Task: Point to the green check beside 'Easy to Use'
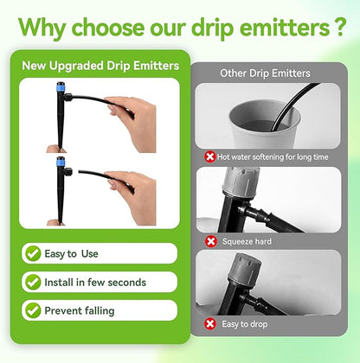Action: pos(33,253)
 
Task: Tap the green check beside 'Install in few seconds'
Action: pos(33,282)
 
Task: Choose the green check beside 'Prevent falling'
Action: pos(33,309)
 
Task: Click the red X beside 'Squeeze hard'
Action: pos(210,241)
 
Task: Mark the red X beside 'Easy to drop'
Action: pos(210,322)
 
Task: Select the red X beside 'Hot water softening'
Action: pos(210,156)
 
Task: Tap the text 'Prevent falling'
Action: pos(84,309)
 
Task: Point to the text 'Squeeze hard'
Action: pos(247,241)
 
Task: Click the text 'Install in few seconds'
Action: pos(97,282)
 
